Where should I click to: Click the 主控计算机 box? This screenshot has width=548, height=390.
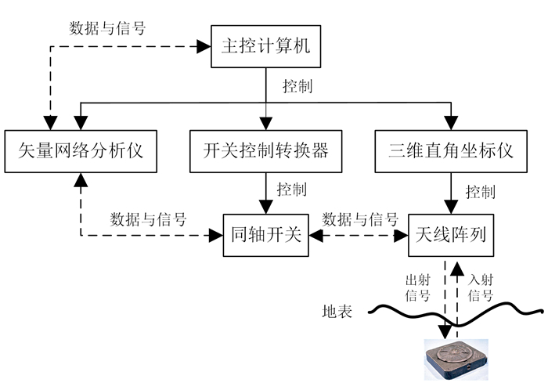[264, 46]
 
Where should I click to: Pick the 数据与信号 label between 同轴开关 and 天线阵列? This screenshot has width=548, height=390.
[360, 218]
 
